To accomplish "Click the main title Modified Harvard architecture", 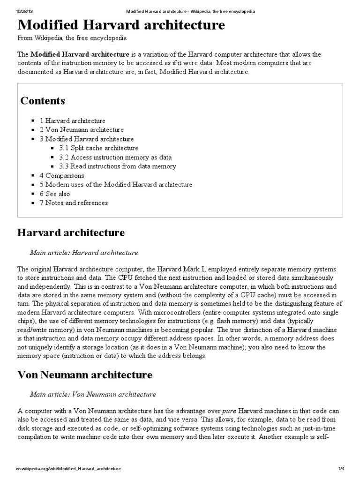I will (x=121, y=25).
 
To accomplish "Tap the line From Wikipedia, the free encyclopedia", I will (x=72, y=38).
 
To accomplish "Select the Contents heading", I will (x=43, y=101).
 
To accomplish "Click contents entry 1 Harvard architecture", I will (x=72, y=121).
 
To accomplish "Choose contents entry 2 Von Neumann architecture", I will (x=82, y=130).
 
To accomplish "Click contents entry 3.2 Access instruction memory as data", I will (x=115, y=157).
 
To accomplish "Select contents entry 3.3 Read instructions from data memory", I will (x=117, y=166).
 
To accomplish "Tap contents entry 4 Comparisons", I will (x=61, y=176).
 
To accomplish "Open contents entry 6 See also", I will (x=54, y=194).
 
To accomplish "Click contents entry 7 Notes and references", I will (x=73, y=203).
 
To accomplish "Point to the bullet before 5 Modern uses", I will (x=33, y=185).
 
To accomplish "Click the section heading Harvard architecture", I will (x=71, y=232).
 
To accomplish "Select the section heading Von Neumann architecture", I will (x=84, y=375).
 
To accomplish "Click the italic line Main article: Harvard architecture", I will (x=84, y=253).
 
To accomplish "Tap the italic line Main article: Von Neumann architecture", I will (x=93, y=394).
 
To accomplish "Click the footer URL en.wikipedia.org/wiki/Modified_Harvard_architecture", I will (x=68, y=469).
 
